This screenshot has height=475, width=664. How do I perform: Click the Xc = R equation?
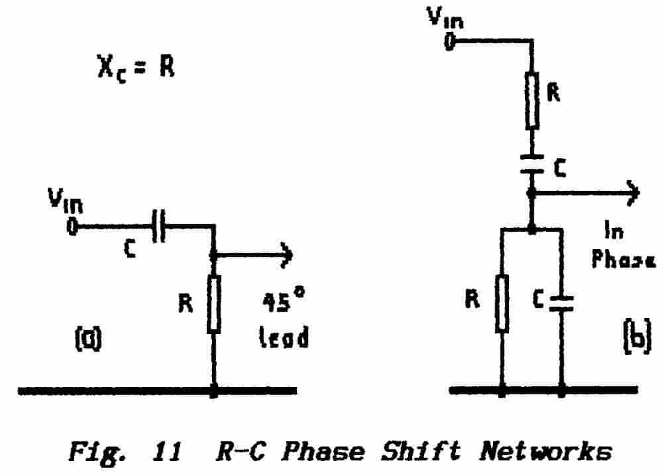(137, 67)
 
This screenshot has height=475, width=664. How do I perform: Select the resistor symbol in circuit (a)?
(214, 305)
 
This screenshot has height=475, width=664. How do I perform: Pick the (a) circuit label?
(87, 339)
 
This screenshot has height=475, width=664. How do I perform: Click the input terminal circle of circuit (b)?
(450, 42)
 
